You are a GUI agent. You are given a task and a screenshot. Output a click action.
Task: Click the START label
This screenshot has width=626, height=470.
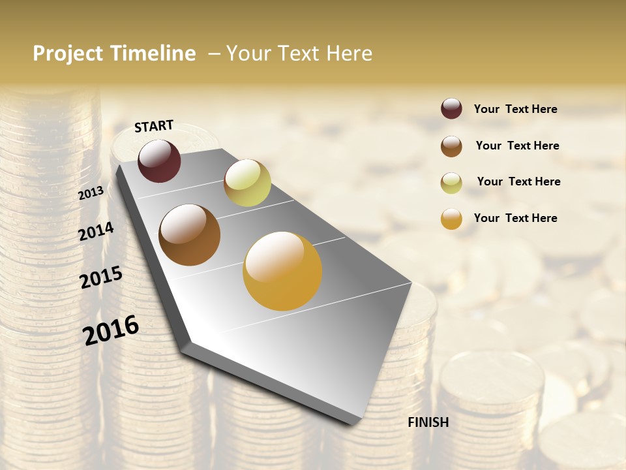154,126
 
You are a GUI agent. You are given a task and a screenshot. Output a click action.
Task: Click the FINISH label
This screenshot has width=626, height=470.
428,422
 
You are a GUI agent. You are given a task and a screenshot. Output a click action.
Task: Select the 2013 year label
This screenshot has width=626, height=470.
91,193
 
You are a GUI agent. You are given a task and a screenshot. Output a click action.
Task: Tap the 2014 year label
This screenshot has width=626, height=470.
96,231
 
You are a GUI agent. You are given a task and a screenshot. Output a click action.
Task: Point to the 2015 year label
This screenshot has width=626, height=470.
101,277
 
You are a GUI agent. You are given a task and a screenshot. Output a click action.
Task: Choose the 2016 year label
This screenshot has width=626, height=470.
111,330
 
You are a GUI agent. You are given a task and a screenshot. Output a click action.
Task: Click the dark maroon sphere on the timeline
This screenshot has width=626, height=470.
159,161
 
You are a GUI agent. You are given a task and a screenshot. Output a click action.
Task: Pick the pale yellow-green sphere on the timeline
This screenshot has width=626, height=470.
247,183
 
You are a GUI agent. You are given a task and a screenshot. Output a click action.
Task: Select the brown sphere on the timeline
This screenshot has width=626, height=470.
190,235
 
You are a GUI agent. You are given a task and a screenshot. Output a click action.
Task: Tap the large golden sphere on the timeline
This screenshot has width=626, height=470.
282,271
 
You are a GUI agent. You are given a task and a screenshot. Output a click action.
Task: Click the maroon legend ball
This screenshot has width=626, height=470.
451,109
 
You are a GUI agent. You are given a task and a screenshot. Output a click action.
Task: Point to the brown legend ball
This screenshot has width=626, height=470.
451,146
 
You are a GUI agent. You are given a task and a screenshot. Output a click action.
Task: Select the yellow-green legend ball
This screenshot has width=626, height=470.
451,183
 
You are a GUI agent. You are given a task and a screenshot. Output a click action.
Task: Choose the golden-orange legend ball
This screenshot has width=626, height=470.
451,219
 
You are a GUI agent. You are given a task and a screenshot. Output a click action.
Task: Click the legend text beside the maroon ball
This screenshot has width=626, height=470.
515,109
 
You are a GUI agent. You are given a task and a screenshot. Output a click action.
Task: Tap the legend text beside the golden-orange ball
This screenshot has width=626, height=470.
515,218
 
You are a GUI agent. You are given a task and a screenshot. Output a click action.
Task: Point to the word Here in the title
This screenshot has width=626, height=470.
349,54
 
